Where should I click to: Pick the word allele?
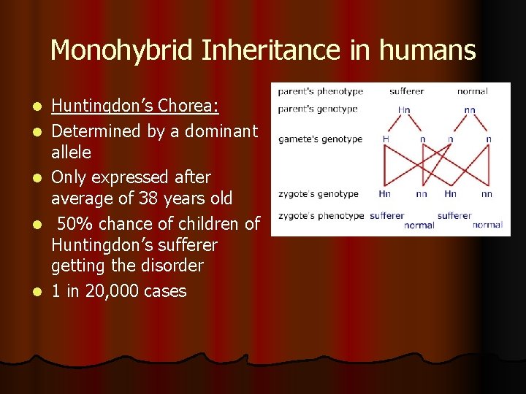(x=71, y=152)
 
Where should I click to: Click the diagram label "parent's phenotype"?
(x=320, y=92)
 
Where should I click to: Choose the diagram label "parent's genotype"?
(x=318, y=109)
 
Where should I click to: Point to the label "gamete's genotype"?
(x=320, y=139)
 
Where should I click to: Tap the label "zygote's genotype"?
(x=318, y=194)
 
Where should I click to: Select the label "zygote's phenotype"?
(x=321, y=216)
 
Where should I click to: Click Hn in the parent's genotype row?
(x=404, y=110)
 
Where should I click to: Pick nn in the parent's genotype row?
(x=470, y=110)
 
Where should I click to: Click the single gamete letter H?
(x=385, y=139)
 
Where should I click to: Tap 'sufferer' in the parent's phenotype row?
(x=407, y=92)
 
